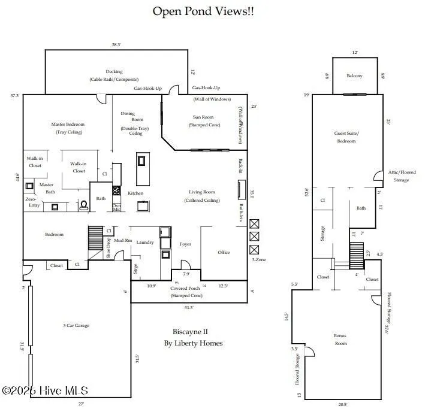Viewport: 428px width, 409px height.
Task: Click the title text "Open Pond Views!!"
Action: pos(203,11)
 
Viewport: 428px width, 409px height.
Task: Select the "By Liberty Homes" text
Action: pos(193,343)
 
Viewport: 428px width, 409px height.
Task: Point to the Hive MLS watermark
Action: pos(46,391)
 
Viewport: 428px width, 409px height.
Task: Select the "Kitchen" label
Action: pos(135,193)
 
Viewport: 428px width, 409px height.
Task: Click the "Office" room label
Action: pos(224,252)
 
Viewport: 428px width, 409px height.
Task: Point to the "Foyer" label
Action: pos(185,244)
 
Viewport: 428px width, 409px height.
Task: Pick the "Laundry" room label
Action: pos(145,243)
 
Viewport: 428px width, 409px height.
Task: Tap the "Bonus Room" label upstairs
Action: pos(340,340)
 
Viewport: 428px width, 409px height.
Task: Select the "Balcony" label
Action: pos(355,76)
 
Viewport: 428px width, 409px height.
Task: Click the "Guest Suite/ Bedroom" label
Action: pos(346,137)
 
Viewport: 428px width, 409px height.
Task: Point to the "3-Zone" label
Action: pos(259,260)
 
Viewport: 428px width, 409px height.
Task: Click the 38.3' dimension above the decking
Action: pos(116,44)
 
